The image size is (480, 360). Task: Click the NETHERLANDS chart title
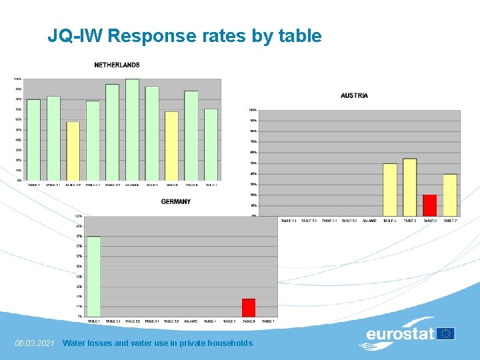(117, 65)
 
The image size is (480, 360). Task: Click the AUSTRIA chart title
(354, 95)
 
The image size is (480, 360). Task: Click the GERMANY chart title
(175, 201)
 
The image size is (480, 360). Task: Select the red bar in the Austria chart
(430, 205)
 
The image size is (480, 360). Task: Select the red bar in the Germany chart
(248, 307)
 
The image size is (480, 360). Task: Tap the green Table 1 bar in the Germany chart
(94, 276)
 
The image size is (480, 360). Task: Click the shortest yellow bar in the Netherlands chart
(73, 151)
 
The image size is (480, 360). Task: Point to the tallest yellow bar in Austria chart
(410, 187)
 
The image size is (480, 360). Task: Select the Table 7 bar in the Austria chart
(450, 195)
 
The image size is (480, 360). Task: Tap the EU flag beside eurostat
(446, 333)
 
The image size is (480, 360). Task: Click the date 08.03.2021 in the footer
(34, 343)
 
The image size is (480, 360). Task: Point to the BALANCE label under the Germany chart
(191, 321)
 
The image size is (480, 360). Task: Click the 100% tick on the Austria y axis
(253, 110)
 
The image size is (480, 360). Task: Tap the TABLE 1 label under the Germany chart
(94, 321)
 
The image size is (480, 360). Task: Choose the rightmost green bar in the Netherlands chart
(211, 144)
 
